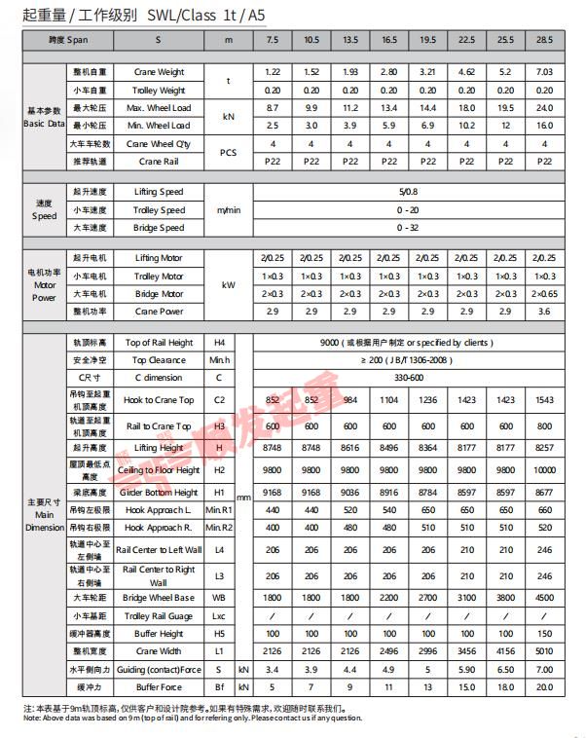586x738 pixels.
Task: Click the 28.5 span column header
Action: click(x=544, y=42)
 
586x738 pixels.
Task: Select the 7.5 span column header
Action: click(x=273, y=42)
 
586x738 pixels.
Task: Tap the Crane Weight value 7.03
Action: click(x=544, y=73)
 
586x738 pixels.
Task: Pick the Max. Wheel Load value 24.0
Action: click(x=544, y=108)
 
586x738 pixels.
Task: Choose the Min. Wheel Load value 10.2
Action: click(x=466, y=126)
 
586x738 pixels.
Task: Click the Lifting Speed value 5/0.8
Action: click(x=408, y=192)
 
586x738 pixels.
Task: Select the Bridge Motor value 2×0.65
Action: click(x=544, y=293)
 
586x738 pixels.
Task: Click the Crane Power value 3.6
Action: click(x=544, y=311)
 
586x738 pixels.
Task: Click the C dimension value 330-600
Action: click(x=408, y=377)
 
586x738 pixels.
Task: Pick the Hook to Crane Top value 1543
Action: click(x=544, y=400)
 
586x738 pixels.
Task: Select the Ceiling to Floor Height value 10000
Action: click(x=544, y=470)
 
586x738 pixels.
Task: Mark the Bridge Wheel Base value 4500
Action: click(x=544, y=598)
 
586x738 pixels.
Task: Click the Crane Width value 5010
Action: click(x=544, y=651)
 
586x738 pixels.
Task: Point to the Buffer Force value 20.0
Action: click(x=544, y=687)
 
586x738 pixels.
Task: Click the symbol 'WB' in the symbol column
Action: click(x=219, y=598)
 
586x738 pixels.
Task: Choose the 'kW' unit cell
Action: click(x=229, y=284)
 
